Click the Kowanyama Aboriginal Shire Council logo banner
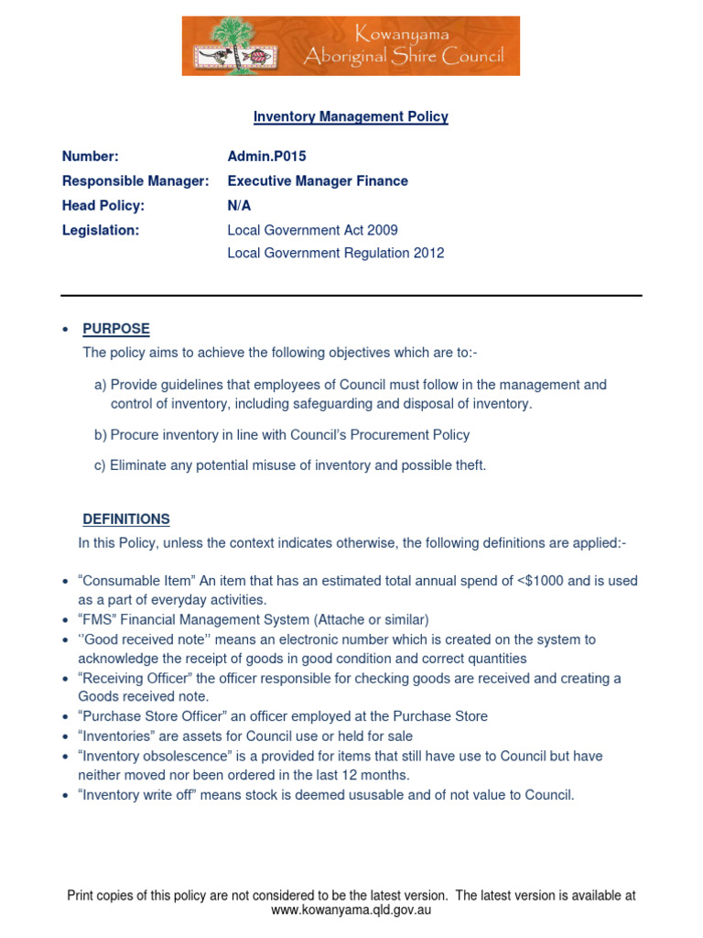click(351, 46)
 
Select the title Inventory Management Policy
click(351, 117)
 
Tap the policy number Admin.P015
click(266, 157)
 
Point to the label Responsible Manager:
click(135, 181)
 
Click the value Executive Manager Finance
click(318, 181)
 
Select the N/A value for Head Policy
click(239, 206)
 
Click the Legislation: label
click(101, 231)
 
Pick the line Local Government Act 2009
click(312, 231)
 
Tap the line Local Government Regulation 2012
click(335, 254)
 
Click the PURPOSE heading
click(116, 329)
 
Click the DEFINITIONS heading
click(126, 519)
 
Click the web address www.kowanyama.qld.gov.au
click(351, 911)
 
